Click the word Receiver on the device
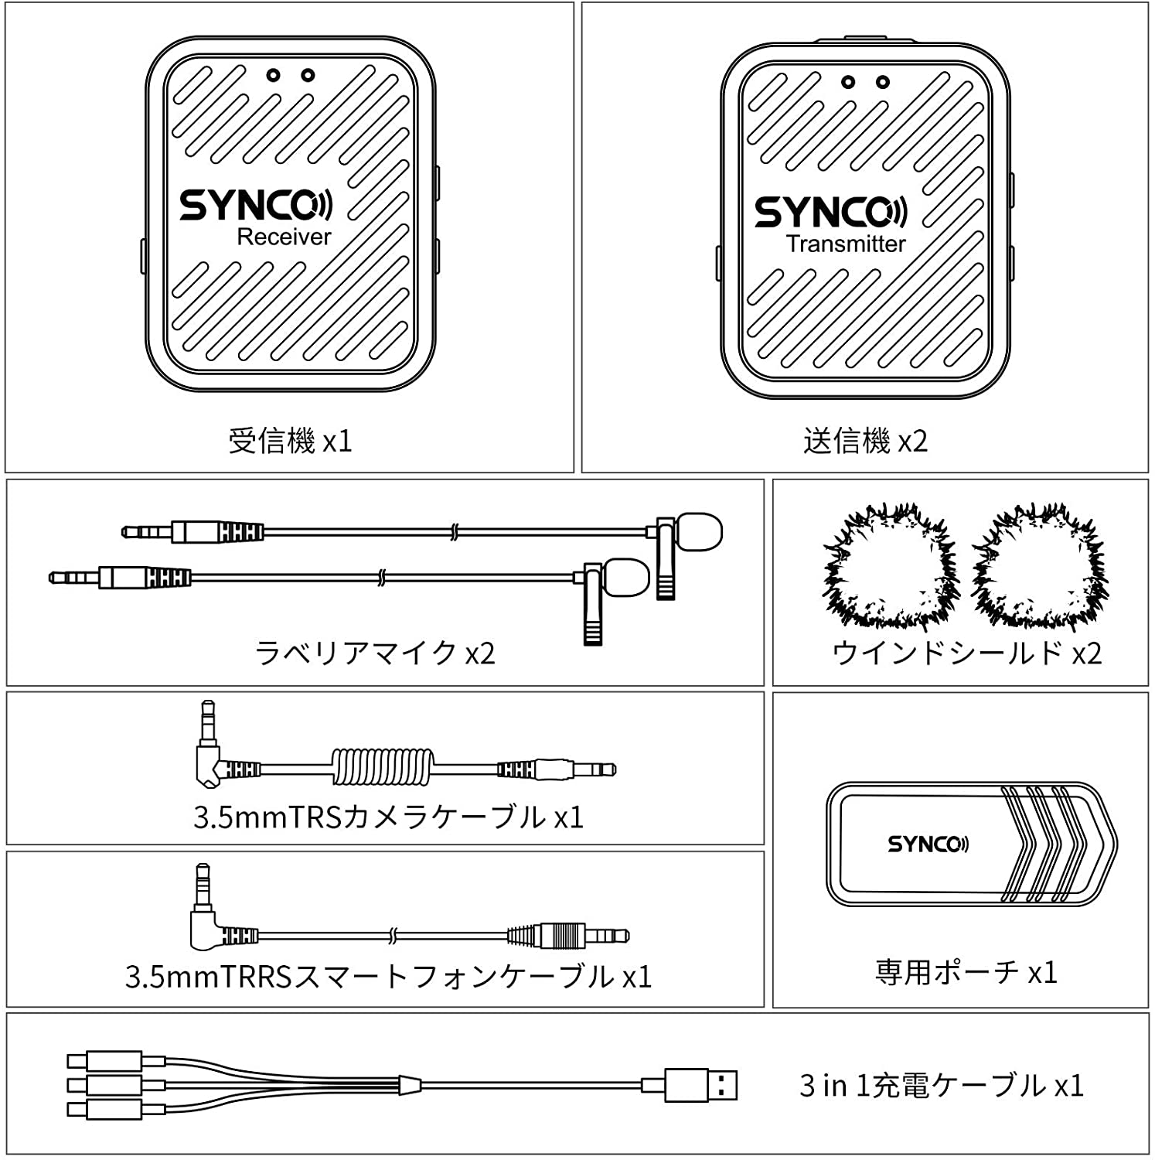coord(284,237)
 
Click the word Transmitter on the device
coord(846,244)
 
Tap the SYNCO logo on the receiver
coord(256,205)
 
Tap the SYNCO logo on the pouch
coord(928,844)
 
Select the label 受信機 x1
coord(290,442)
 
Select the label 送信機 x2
coord(865,442)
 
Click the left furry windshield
coord(891,568)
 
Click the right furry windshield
coord(1040,568)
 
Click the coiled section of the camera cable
coord(383,768)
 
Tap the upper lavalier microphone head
coord(700,532)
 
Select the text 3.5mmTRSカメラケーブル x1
coord(388,817)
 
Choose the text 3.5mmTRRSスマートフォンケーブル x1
coord(388,977)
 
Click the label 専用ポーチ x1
coord(966,972)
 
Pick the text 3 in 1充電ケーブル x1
coord(941,1086)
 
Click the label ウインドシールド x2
coord(966,653)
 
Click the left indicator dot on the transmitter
coord(848,82)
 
